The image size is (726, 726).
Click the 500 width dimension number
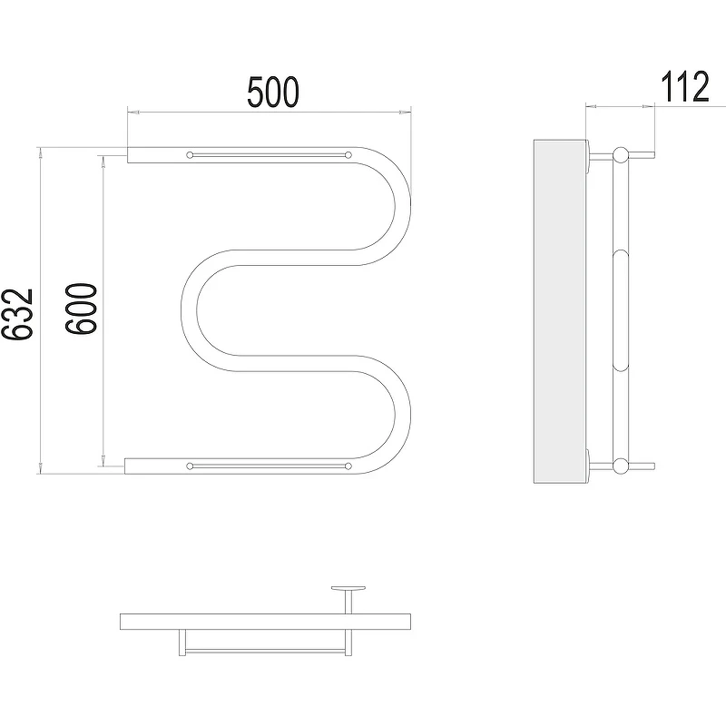[273, 93]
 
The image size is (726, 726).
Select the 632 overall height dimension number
[17, 314]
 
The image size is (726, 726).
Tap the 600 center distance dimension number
[81, 309]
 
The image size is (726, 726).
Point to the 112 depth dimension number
[684, 86]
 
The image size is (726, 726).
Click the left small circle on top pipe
[190, 155]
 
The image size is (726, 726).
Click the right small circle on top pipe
[348, 155]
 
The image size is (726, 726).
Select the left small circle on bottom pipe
[190, 466]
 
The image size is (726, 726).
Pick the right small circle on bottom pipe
[348, 466]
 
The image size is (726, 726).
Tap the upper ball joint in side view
[621, 154]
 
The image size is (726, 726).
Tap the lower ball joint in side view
[621, 466]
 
